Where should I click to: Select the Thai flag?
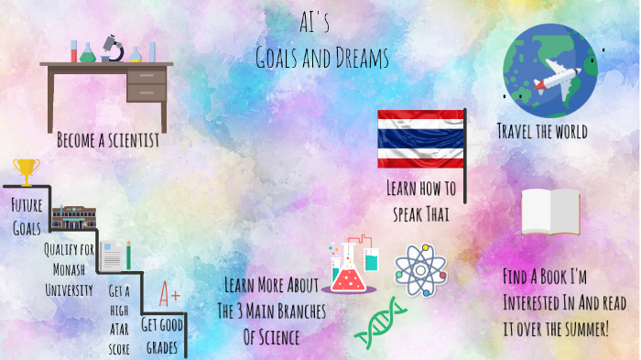[x=420, y=140]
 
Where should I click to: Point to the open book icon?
[x=550, y=213]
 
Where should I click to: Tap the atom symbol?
[x=420, y=267]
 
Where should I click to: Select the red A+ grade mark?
[x=169, y=295]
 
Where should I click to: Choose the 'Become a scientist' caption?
[x=107, y=141]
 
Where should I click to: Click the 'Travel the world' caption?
[x=542, y=131]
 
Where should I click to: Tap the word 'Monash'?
[x=68, y=270]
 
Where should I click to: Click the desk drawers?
[x=146, y=84]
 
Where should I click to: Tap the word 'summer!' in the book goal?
[x=583, y=328]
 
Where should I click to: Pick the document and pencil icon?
[x=115, y=256]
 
